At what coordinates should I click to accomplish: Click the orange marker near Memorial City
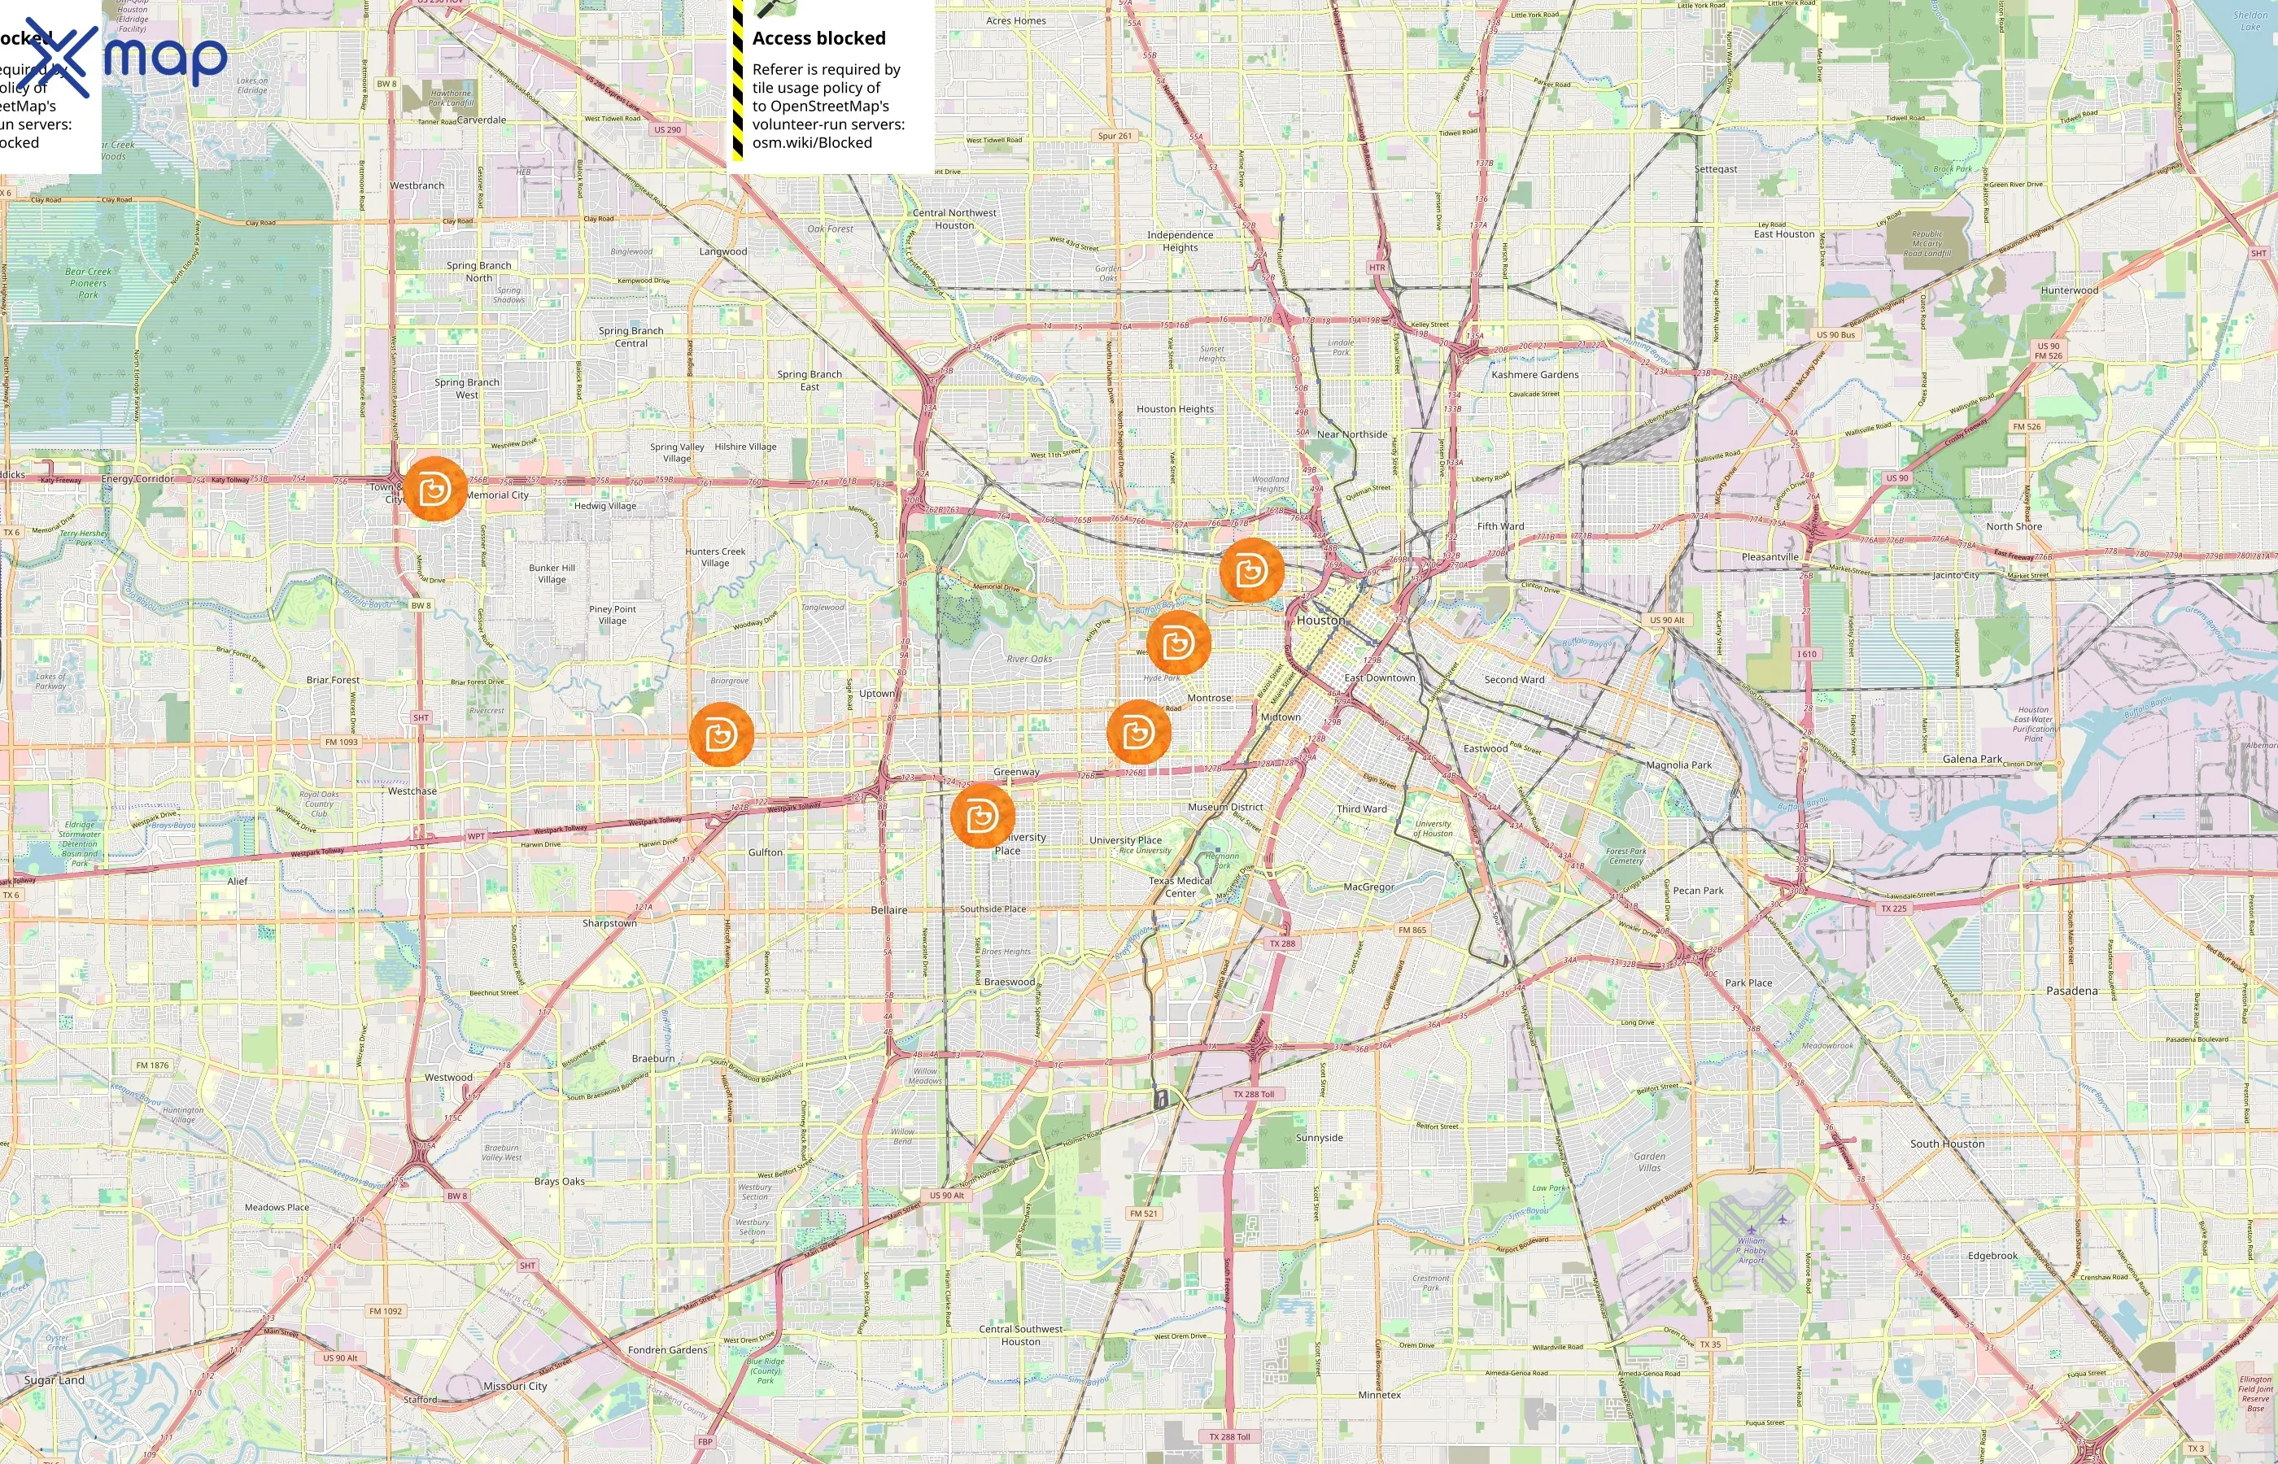tap(435, 489)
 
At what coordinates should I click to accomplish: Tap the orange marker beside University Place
tap(982, 815)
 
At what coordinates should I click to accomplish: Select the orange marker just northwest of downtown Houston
tap(1250, 570)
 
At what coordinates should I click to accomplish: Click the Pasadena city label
tap(2071, 991)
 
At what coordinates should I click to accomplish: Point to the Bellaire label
tap(889, 910)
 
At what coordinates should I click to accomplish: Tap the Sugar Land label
tap(55, 1379)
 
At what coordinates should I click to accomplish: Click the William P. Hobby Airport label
tap(1752, 1250)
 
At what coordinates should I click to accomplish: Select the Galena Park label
tap(1972, 759)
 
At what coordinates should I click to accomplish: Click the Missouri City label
tap(514, 1386)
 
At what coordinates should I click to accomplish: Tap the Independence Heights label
tap(1180, 241)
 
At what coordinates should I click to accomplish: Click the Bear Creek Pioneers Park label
tap(89, 283)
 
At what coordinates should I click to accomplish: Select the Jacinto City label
tap(1956, 575)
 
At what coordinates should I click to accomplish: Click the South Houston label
tap(1947, 1144)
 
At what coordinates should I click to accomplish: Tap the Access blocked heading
tap(818, 39)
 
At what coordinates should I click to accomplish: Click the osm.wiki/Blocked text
tap(812, 142)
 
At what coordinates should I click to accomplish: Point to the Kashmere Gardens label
tap(1534, 375)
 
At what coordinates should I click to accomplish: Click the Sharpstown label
tap(609, 923)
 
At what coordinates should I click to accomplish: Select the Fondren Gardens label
tap(667, 1350)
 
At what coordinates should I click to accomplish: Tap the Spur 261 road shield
tap(1115, 136)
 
